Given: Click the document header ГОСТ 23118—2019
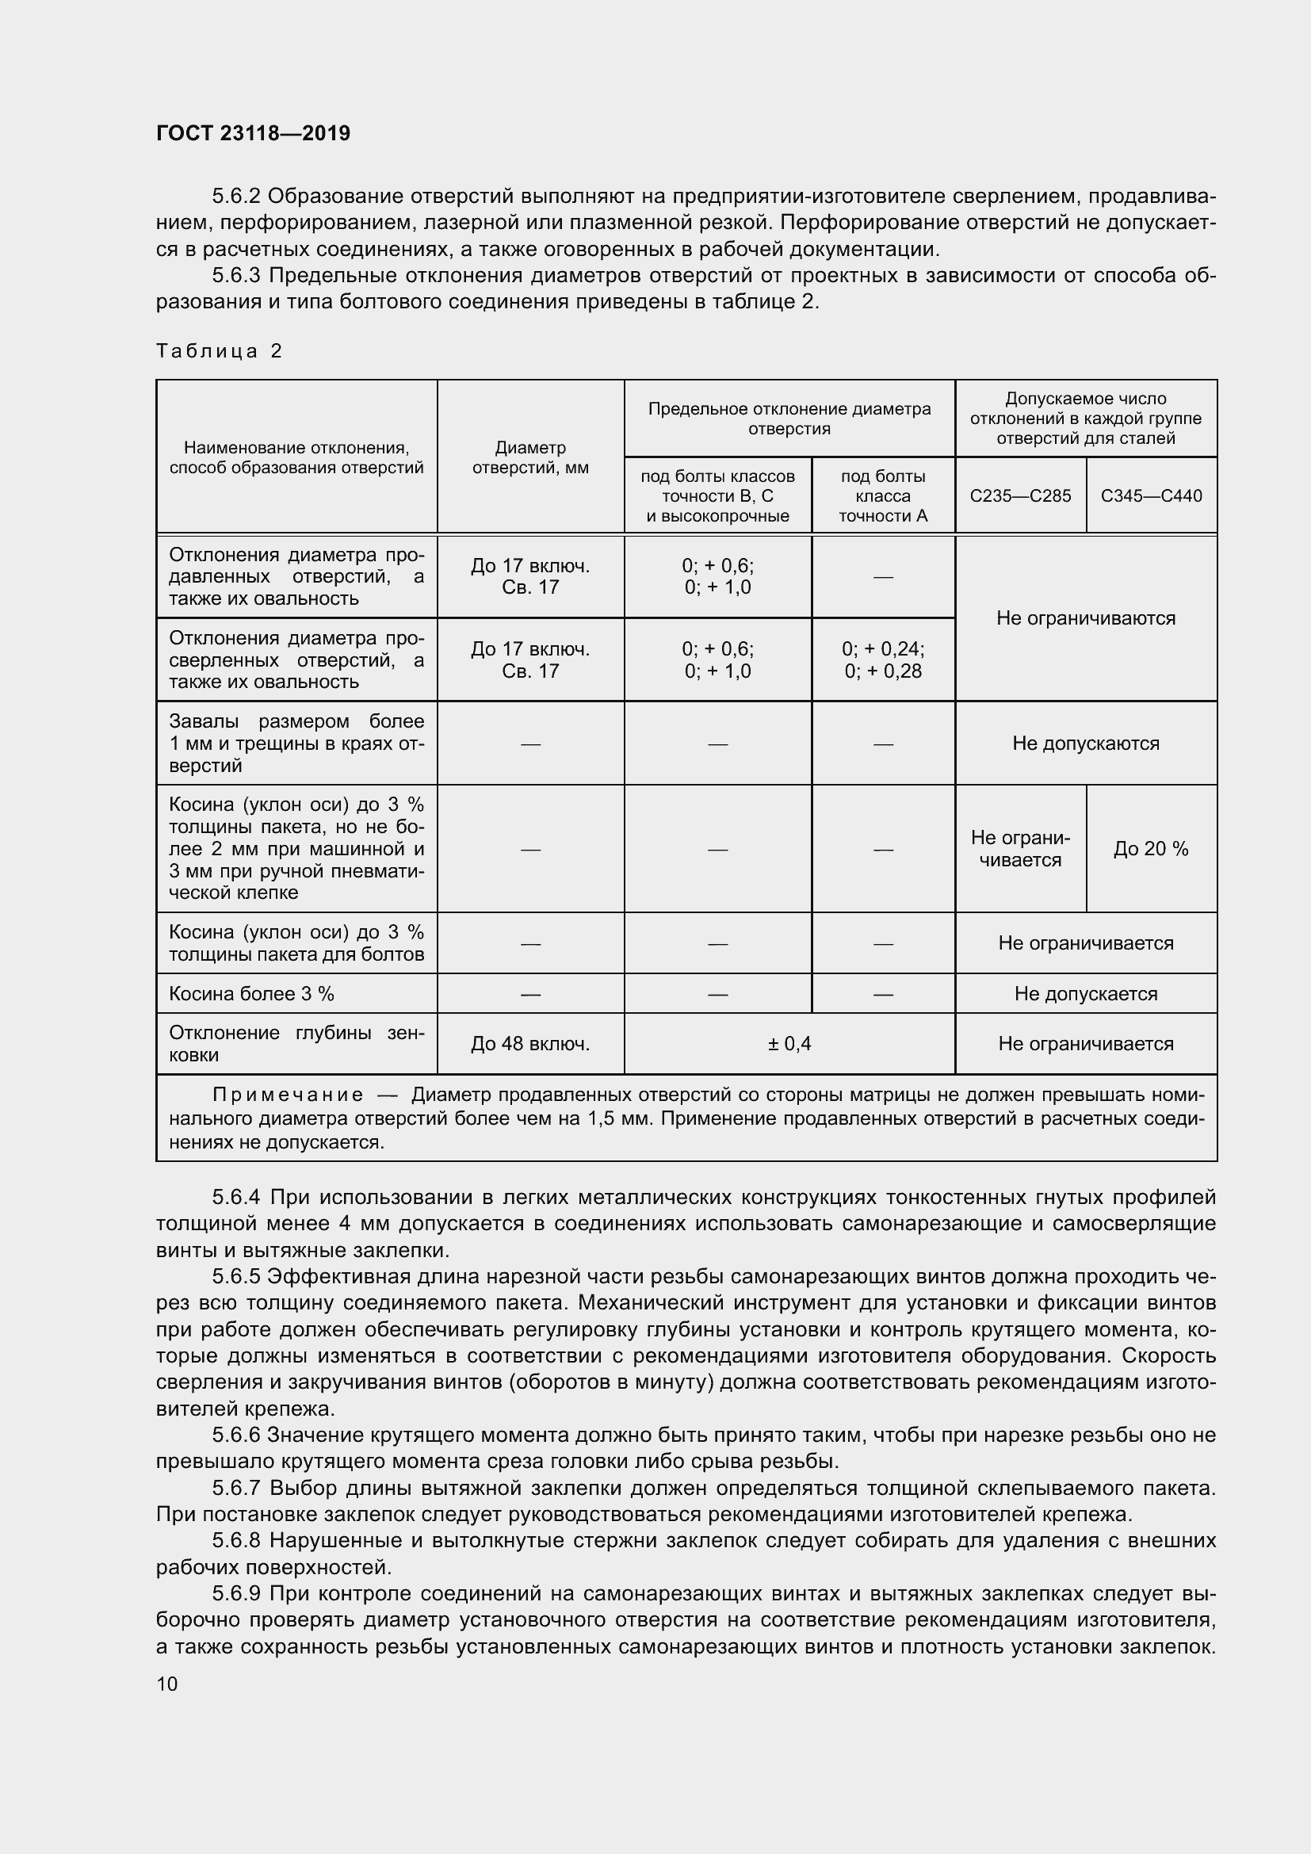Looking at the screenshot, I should point(253,133).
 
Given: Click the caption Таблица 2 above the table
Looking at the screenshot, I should point(219,350).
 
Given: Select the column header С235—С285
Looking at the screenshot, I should point(1020,495).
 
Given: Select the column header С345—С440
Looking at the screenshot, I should point(1151,495).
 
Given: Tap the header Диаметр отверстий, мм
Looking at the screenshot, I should point(530,457).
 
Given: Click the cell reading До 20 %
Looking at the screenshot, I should point(1151,849).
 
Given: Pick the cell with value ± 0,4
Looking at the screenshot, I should point(789,1043).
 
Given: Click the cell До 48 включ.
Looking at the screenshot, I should point(530,1043).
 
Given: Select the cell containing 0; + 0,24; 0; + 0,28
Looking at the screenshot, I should point(883,659).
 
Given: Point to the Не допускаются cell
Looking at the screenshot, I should point(1086,743).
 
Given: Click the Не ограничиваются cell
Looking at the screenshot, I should point(1086,617).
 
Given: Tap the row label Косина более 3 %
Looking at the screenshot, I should point(251,993).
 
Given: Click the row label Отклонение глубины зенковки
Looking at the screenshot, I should point(296,1043).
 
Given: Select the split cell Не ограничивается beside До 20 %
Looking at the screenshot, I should point(1020,849).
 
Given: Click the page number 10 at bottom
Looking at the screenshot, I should point(167,1684).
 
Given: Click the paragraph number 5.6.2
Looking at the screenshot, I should point(235,197).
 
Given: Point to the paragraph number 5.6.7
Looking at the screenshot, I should point(235,1487).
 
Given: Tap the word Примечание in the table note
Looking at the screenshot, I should point(288,1095).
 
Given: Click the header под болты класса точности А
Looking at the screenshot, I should point(883,495).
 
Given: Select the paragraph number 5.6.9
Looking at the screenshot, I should point(235,1593).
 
